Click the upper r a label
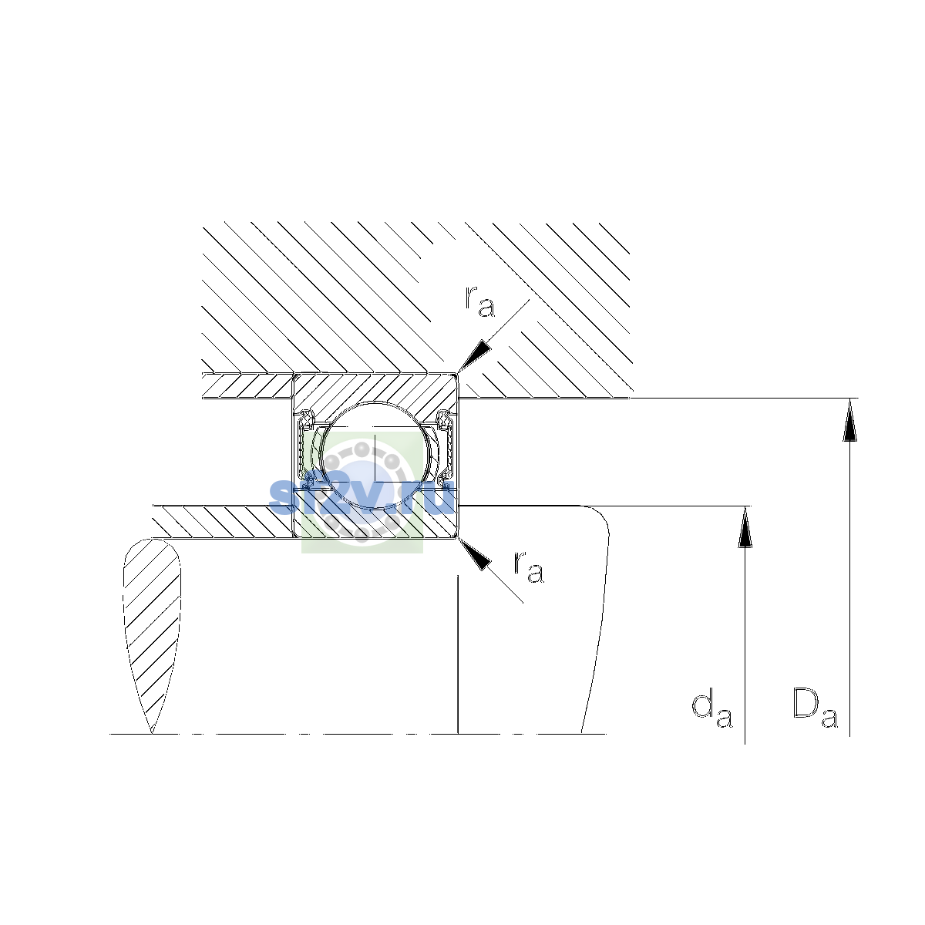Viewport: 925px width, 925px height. (x=479, y=302)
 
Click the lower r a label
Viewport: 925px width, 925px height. (x=529, y=567)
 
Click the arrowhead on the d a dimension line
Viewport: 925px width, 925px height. (x=745, y=527)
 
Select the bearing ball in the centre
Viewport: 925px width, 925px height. (x=376, y=455)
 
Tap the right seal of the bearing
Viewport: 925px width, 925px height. (x=446, y=447)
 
